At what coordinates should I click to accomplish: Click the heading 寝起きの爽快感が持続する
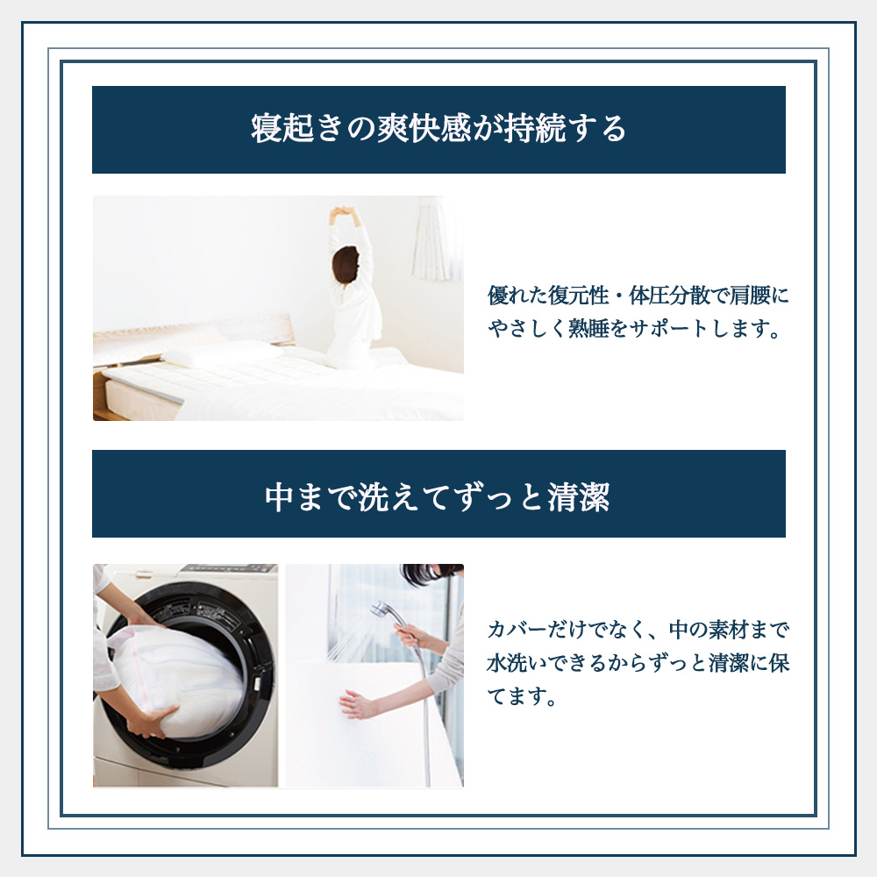pos(438,129)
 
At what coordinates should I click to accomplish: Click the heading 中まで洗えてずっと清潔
pos(438,497)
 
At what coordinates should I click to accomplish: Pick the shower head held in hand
pos(382,609)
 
